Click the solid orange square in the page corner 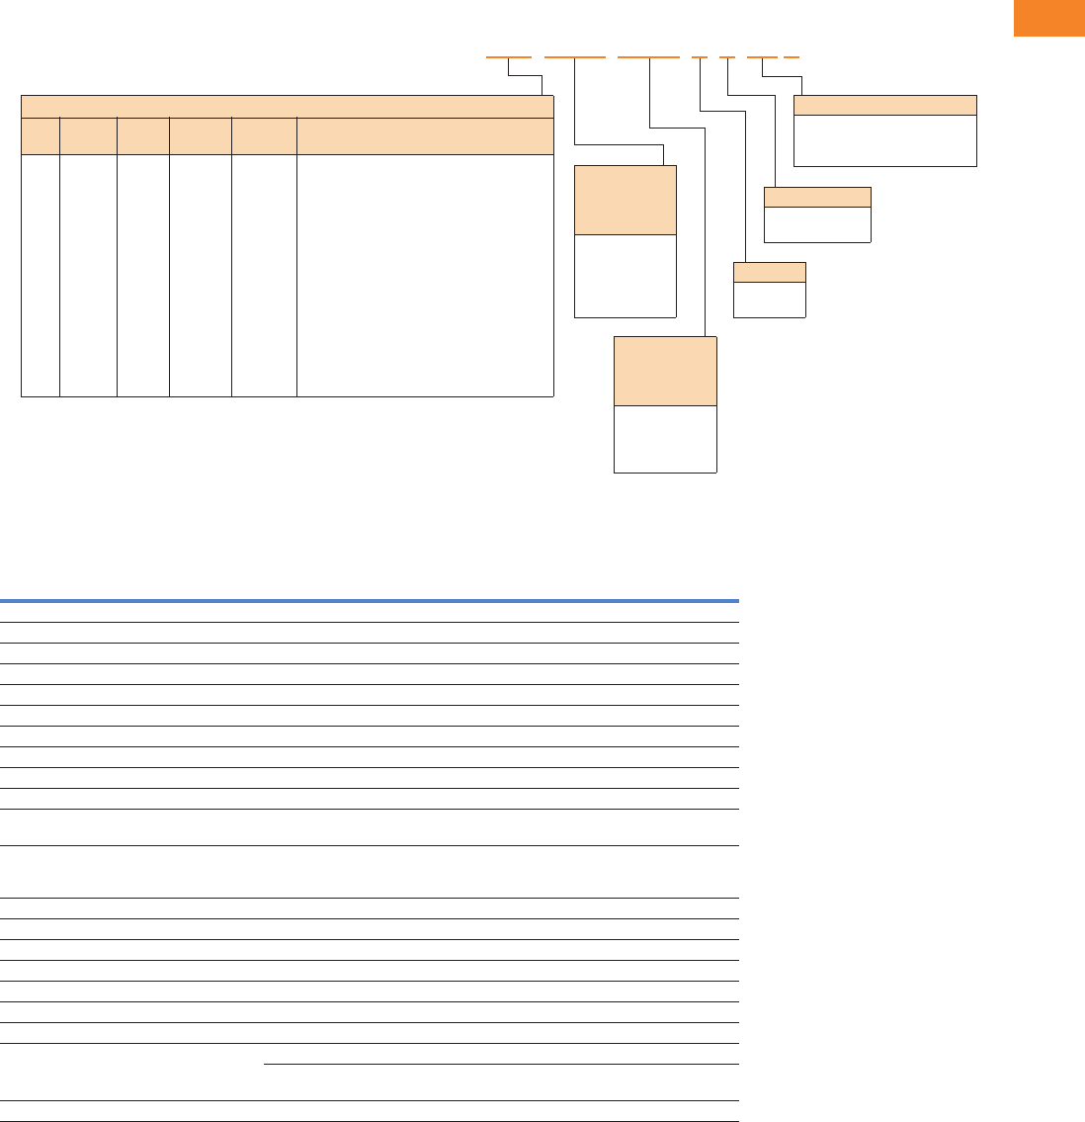coord(1048,18)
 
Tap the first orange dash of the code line coord(509,57)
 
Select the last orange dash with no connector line coord(792,57)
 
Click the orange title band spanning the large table coord(287,107)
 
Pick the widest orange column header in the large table coord(425,136)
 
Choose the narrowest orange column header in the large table coord(41,136)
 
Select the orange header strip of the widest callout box coord(885,106)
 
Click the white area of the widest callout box coord(885,140)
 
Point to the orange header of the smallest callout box coord(770,272)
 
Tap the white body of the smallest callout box coord(770,300)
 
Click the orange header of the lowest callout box coord(665,371)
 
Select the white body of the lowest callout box coord(665,439)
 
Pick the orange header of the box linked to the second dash coord(626,200)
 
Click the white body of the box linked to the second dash coord(626,276)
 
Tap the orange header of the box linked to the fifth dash coord(817,197)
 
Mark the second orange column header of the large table coord(88,136)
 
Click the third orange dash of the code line coord(648,57)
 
